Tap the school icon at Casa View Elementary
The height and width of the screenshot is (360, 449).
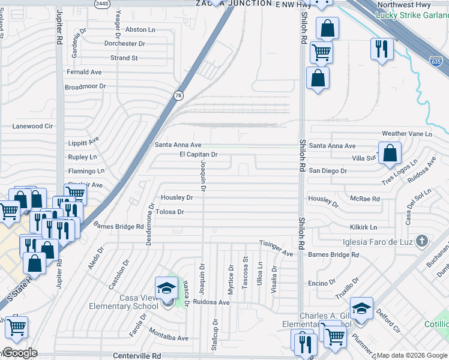(x=166, y=288)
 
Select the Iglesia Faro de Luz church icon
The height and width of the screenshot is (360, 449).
(x=422, y=241)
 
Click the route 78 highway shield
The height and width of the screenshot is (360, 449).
(x=179, y=95)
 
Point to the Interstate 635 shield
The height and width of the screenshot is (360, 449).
(x=436, y=61)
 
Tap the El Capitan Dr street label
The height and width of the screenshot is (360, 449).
(x=198, y=155)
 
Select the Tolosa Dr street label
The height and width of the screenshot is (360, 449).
(x=169, y=212)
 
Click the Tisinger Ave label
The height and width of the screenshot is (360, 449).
(x=276, y=243)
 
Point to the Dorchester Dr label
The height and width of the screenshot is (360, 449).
(x=125, y=44)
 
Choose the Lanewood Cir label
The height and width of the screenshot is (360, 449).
(x=33, y=127)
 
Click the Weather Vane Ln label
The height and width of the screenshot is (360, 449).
(x=407, y=134)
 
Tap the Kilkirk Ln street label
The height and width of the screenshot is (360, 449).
(x=364, y=227)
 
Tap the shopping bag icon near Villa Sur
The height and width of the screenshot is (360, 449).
(x=390, y=154)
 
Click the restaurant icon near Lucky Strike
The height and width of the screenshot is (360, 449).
(x=382, y=49)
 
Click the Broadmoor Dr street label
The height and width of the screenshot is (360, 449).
(x=85, y=86)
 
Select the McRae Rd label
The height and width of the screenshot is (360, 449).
(x=366, y=199)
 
